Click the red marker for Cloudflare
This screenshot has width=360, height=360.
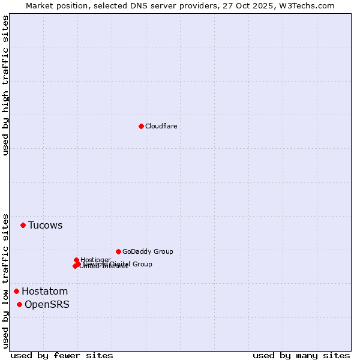pos(141,126)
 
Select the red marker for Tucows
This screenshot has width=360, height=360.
pos(23,226)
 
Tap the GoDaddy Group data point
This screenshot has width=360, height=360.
pos(118,252)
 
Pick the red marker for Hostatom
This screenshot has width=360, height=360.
pos(16,292)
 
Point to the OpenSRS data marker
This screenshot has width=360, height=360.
pos(19,305)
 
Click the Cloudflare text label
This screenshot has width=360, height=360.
pos(161,127)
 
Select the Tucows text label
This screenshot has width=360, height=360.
pos(45,226)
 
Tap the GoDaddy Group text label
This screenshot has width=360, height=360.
pos(148,252)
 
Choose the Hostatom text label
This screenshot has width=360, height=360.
pos(44,292)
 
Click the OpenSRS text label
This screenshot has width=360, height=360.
pos(47,305)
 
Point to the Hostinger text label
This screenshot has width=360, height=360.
pos(95,260)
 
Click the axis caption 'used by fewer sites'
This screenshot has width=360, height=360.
pos(62,356)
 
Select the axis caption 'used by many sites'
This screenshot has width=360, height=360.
pos(301,356)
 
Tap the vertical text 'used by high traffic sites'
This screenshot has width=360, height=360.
pos(6,85)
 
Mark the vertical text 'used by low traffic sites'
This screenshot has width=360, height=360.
pos(6,280)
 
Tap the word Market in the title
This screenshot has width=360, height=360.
pos(40,5)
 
